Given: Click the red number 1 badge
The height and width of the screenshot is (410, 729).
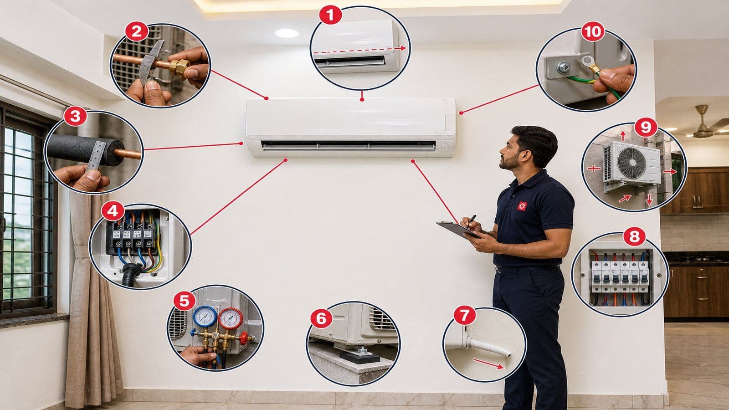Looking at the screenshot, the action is [330, 15].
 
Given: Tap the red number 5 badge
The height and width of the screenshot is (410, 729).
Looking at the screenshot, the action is [185, 301].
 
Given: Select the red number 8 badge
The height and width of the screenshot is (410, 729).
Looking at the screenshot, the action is [634, 236].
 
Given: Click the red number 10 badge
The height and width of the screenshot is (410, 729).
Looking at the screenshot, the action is [593, 31].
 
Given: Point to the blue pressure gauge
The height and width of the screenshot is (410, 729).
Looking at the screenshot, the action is [205, 316].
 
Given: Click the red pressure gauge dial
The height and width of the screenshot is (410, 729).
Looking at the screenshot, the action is [231, 318].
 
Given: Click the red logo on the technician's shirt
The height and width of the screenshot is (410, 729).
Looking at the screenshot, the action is [522, 206].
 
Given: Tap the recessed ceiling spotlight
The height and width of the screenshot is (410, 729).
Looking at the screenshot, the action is [287, 33].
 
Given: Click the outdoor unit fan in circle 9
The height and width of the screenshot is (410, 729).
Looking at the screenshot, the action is [632, 163].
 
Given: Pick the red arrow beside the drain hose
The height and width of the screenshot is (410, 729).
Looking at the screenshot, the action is [488, 364].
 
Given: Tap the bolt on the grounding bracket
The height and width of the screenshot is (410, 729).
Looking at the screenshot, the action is [563, 67].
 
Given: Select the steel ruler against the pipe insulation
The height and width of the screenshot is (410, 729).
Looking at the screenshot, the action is [97, 155].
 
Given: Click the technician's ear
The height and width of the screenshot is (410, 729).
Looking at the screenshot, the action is [524, 155].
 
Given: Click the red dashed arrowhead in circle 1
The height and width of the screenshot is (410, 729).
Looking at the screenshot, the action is [403, 48].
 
